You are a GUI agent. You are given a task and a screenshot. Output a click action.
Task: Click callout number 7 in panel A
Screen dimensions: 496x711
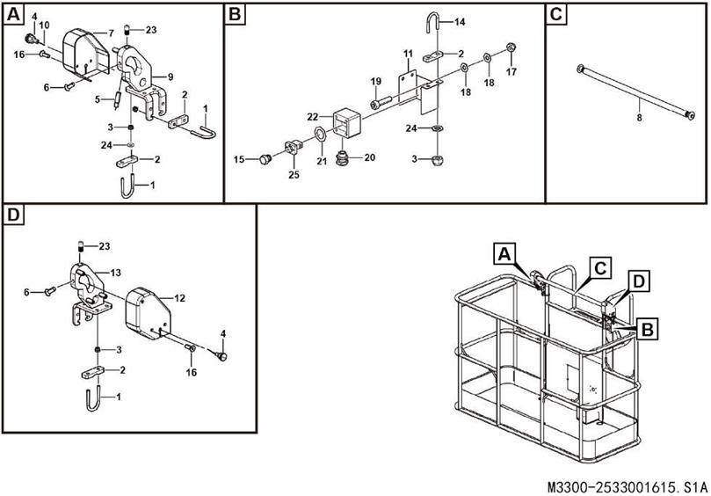[111, 33]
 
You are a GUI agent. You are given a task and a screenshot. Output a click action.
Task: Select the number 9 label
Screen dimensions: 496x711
[170, 76]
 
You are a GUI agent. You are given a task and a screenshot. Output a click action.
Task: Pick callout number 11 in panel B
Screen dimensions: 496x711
[408, 54]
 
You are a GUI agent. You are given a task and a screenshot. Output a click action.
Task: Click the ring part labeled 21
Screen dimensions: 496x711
[322, 135]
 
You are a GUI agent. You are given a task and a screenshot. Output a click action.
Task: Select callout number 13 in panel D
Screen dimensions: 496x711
[116, 273]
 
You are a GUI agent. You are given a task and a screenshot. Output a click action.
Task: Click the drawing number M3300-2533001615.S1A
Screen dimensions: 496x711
[626, 485]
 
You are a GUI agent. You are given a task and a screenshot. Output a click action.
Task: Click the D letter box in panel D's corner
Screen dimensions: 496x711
[14, 215]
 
